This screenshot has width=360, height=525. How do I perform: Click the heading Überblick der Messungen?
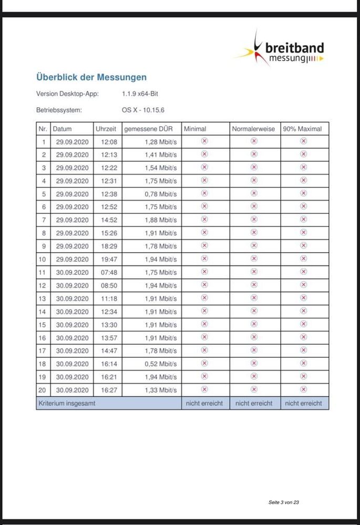(91, 77)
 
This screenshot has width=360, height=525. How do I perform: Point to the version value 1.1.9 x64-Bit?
(140, 94)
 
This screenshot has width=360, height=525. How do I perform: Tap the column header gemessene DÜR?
(148, 129)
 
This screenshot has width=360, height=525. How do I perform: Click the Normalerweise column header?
(253, 129)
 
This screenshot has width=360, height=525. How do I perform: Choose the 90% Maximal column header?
(303, 129)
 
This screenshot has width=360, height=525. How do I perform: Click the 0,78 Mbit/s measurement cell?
(161, 194)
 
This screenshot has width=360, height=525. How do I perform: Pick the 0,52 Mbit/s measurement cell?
(161, 364)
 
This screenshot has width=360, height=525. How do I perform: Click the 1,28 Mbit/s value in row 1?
(161, 142)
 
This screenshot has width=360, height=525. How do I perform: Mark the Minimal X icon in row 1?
(204, 141)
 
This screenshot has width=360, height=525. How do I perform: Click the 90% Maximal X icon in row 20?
(303, 389)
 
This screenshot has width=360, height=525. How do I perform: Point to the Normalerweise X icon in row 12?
(254, 285)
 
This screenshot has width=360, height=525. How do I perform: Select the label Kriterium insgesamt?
(67, 403)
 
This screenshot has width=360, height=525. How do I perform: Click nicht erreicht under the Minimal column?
(204, 403)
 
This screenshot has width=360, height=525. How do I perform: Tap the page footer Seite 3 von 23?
(283, 502)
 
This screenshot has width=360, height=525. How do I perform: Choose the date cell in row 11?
(73, 272)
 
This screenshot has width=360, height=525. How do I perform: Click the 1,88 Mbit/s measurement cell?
(161, 220)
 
